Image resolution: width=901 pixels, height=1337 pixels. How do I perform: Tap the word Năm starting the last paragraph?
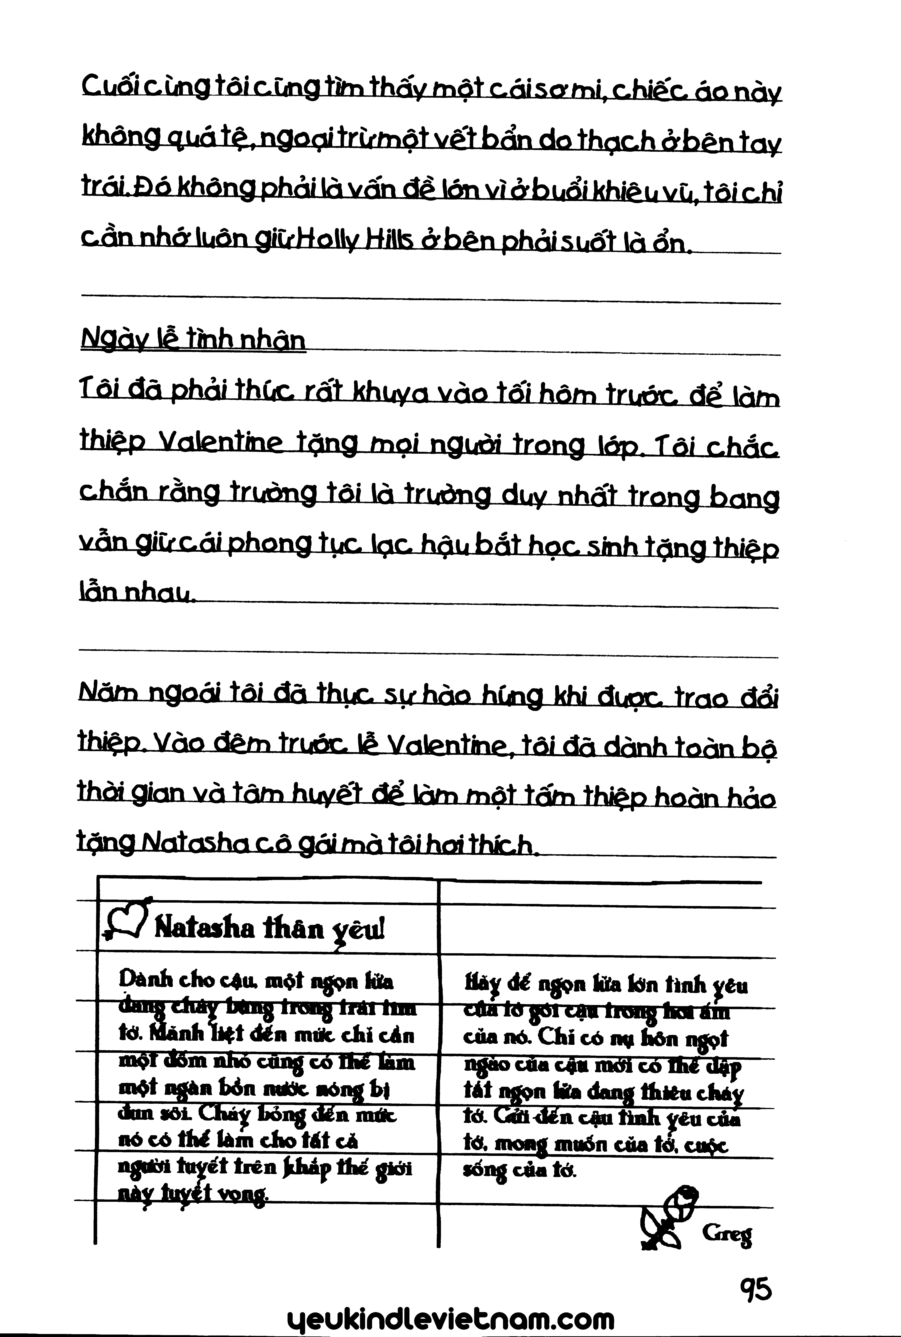105,697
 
